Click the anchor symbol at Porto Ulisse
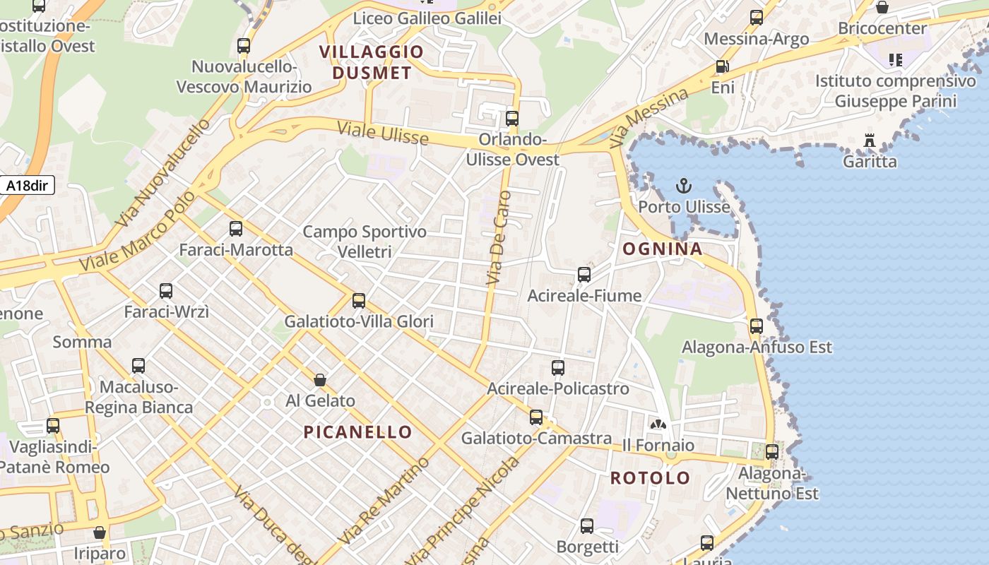pyautogui.click(x=683, y=186)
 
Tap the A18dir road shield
pyautogui.click(x=27, y=186)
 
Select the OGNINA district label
pyautogui.click(x=662, y=249)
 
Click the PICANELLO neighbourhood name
pyautogui.click(x=357, y=432)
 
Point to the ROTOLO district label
pyautogui.click(x=650, y=478)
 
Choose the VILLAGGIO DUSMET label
pyautogui.click(x=372, y=62)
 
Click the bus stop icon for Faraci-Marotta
pyautogui.click(x=236, y=229)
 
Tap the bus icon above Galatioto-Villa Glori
pyautogui.click(x=359, y=302)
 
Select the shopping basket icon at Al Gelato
pyautogui.click(x=320, y=380)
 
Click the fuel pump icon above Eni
pyautogui.click(x=722, y=67)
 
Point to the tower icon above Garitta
pyautogui.click(x=870, y=141)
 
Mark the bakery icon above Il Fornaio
pyautogui.click(x=658, y=424)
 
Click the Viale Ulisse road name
pyautogui.click(x=382, y=133)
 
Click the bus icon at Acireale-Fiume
pyautogui.click(x=584, y=275)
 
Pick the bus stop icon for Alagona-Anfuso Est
pyautogui.click(x=757, y=326)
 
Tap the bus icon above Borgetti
pyautogui.click(x=587, y=526)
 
